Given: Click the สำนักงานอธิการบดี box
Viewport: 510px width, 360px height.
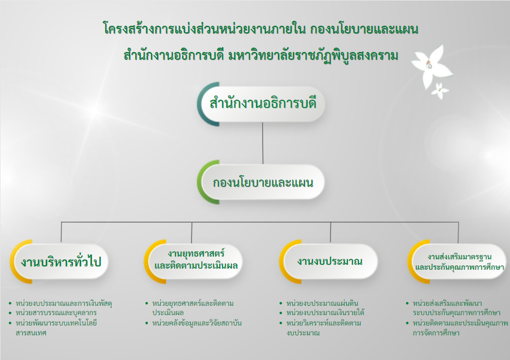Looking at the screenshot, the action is point(262,104).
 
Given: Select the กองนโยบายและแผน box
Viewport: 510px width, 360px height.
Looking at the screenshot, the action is point(262,182).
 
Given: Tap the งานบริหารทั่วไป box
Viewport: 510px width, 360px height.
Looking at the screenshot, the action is point(61,262).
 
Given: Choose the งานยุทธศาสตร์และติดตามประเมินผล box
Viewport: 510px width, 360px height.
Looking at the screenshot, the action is point(194,262).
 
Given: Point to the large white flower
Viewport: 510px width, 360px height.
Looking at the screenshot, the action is point(432,67).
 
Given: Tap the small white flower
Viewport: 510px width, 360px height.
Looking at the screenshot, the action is point(440,91).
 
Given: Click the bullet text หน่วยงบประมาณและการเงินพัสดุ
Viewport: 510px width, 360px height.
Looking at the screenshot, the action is point(63,304).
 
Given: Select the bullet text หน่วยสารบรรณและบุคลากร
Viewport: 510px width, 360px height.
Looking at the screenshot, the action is point(56,313).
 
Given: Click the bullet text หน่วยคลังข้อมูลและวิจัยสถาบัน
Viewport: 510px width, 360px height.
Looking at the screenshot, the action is point(197,323).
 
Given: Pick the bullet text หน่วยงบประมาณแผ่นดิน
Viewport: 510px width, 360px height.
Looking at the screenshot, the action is point(322,304).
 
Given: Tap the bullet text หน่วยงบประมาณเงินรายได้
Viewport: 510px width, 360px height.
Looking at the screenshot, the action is point(325,313).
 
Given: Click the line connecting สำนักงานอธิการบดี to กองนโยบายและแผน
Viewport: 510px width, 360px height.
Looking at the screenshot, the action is point(263,143).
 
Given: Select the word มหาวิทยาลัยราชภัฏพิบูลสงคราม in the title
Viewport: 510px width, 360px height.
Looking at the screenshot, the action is point(313,56).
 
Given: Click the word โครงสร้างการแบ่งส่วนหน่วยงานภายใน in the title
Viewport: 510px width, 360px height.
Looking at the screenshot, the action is point(204,28).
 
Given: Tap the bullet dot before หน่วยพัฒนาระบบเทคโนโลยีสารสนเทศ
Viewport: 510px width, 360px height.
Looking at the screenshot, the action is point(10,323).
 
